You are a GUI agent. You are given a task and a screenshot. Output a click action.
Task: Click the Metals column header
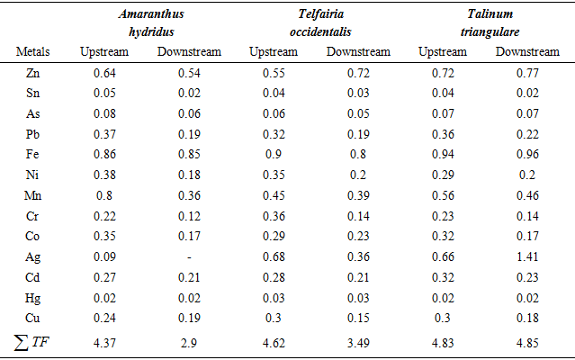point(33,51)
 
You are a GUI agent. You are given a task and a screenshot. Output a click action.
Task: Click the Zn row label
point(33,71)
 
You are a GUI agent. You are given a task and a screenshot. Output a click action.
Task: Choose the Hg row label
point(33,297)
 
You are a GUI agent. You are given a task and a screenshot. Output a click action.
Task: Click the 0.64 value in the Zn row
point(104,71)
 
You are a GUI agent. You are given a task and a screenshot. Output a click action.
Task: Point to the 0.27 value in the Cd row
point(104,279)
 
